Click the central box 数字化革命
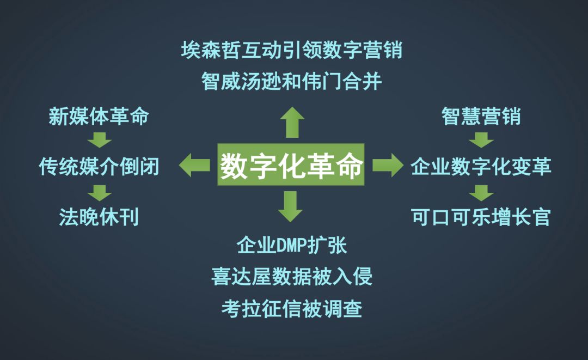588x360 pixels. (x=291, y=164)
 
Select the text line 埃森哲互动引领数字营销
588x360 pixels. (x=292, y=51)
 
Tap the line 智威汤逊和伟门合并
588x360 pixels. (x=292, y=82)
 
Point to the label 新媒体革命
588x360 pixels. (x=99, y=116)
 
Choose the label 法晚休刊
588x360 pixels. (x=99, y=217)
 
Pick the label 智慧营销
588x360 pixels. (x=481, y=116)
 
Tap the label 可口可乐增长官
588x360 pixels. (x=481, y=217)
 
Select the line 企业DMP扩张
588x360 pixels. (x=292, y=245)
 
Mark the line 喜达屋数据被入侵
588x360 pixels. (x=292, y=277)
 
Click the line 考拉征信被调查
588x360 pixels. (x=292, y=309)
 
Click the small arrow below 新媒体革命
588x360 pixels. (x=99, y=140)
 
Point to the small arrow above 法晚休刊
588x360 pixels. (x=99, y=192)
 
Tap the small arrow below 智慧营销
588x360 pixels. (x=481, y=140)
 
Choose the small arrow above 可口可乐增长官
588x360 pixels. (x=481, y=192)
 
